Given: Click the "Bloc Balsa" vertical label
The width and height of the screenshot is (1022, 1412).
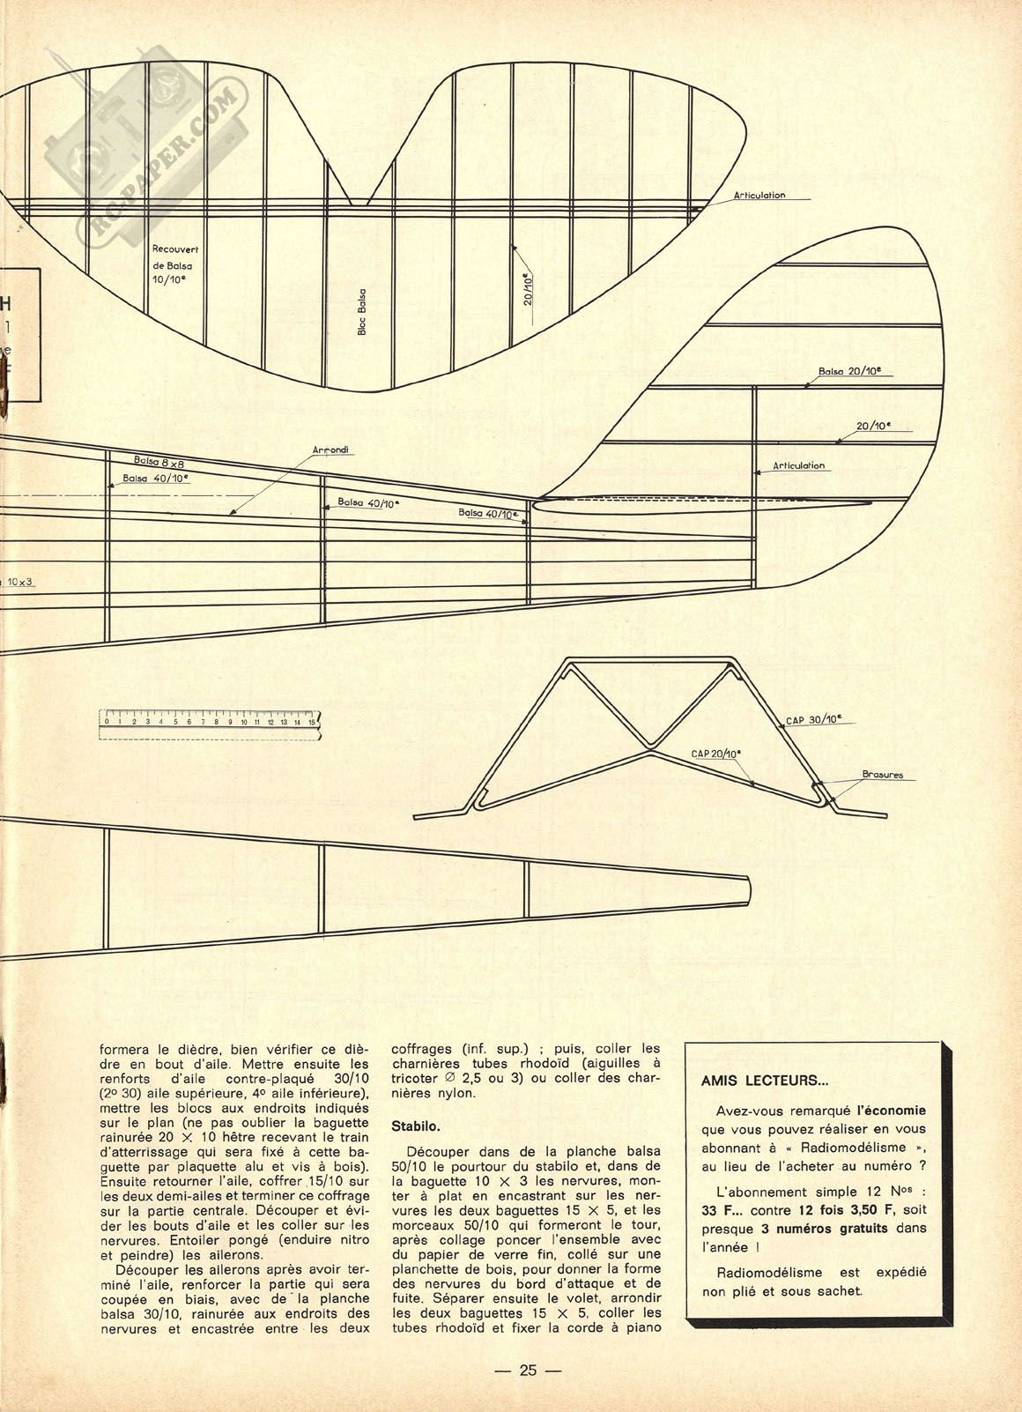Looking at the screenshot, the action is [x=362, y=312].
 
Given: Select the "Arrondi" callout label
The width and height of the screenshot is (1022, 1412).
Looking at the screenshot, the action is [x=330, y=450].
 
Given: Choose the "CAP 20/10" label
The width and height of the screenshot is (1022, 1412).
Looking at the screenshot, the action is [x=715, y=753].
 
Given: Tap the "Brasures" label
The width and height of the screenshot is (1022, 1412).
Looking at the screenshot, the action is [x=882, y=775].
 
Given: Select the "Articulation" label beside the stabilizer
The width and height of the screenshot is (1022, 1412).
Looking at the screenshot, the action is [x=759, y=196].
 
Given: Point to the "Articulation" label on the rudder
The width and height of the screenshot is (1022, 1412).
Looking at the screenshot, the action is [x=798, y=466].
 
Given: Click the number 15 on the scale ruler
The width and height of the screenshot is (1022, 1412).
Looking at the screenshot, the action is [x=311, y=722].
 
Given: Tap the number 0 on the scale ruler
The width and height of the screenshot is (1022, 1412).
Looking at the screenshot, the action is [x=107, y=722].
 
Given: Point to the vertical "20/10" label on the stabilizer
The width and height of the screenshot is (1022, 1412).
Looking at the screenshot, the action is [x=528, y=289].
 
